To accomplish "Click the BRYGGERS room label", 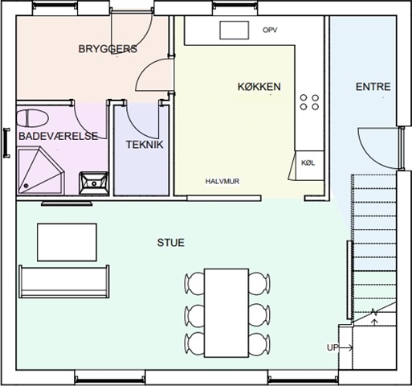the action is (x=108, y=49).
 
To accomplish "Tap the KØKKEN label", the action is (x=259, y=87).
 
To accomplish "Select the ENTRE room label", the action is (x=373, y=87).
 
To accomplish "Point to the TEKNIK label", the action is (x=145, y=145).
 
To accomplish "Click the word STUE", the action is (x=171, y=243).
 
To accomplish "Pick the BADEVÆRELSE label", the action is (x=59, y=136).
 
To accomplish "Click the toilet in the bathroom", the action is (x=32, y=118).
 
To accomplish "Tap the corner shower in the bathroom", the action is (x=41, y=170).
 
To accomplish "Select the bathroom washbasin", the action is (x=94, y=183).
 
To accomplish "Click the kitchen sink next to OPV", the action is (x=235, y=31).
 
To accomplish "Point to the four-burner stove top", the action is (x=309, y=102).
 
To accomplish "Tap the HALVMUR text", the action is (x=222, y=181).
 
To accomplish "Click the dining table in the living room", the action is (x=226, y=313).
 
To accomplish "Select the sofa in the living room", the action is (x=64, y=281).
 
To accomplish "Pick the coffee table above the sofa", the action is (x=67, y=242).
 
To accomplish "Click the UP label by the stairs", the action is (x=332, y=347).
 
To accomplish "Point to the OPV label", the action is (x=270, y=30).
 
